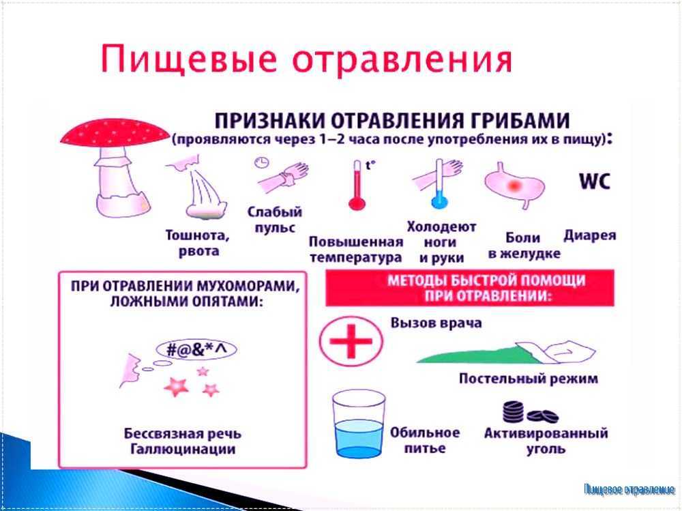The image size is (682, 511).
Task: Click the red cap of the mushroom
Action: coord(115,133)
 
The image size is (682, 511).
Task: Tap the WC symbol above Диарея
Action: coord(595,181)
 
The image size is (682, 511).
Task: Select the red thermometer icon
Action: coord(357,186)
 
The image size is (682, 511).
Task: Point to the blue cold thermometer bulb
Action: coord(439,202)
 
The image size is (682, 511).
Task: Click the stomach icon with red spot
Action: coord(514,185)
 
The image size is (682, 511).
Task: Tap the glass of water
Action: coord(359,424)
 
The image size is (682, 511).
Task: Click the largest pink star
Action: coord(176,386)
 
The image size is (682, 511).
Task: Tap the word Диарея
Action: coord(590,235)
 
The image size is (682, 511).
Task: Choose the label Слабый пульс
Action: coord(274,220)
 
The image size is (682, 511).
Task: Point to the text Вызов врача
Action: coord(436,323)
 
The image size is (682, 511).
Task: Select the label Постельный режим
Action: coord(528,378)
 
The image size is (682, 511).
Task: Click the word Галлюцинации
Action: coord(183,449)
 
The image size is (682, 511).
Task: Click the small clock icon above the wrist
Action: coord(262,163)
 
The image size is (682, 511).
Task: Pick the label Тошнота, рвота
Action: coord(198,244)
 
